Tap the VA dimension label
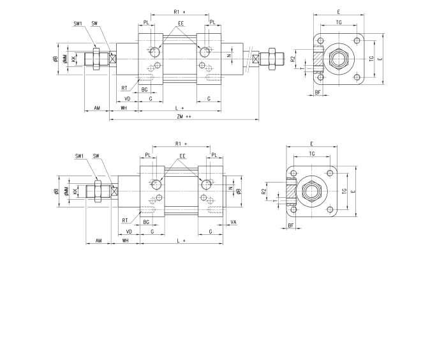coord(233,223)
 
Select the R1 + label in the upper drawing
coord(179,12)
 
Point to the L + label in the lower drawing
coord(181,241)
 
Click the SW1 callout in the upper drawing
coord(78,24)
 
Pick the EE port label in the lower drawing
coord(182,156)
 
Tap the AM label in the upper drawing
coord(97,109)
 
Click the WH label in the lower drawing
coord(126,241)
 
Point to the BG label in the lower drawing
coord(146,221)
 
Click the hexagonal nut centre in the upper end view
coord(336,59)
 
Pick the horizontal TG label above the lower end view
coord(311,154)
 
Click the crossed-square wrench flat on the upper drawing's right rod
coord(256,59)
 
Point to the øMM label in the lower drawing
coord(66,191)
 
